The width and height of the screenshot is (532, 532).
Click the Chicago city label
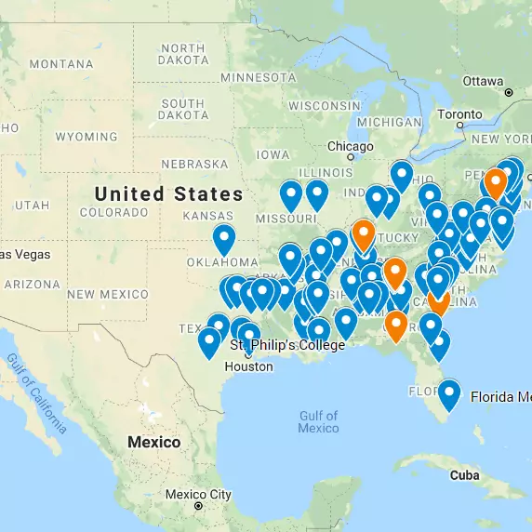pos(350,146)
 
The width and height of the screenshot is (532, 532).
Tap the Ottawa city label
pos(483,81)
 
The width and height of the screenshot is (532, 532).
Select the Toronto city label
pos(461,114)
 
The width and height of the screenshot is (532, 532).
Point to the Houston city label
pos(249,366)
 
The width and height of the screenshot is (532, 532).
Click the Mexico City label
pos(199,495)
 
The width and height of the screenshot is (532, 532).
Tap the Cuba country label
pos(464,474)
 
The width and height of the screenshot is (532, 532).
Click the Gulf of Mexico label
pos(318,421)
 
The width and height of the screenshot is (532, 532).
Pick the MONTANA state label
pos(61,64)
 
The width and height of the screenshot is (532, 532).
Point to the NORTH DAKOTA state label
pos(182,54)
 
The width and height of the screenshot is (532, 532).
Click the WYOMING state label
pos(86,137)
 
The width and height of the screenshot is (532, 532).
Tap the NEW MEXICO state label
pos(108,294)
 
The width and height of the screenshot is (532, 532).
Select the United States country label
pos(168,194)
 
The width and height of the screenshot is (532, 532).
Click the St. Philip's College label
pos(287,345)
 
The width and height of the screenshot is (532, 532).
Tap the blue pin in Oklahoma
pos(223,238)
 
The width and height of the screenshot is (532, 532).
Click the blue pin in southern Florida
pos(449,393)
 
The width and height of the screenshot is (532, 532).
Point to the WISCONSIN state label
pos(324,105)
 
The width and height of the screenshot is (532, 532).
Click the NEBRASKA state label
pos(194,164)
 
